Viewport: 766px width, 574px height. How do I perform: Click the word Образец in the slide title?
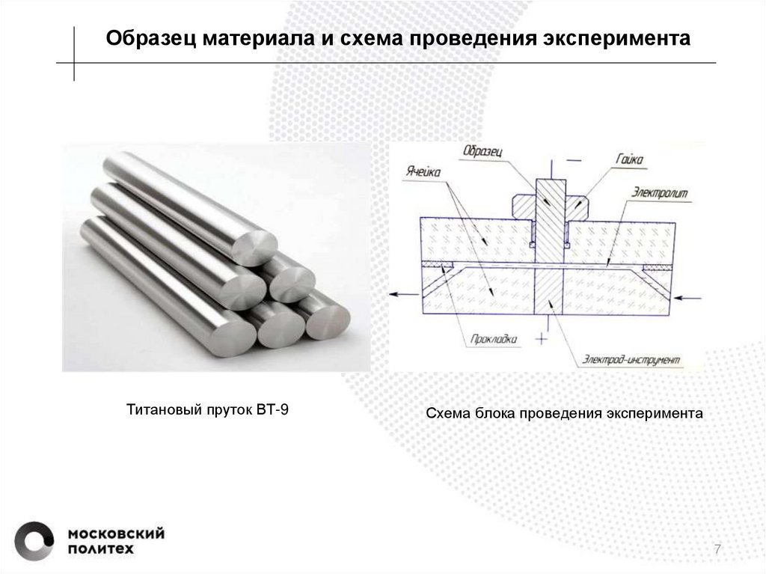tap(149, 38)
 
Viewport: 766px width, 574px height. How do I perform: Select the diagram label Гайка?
tap(631, 159)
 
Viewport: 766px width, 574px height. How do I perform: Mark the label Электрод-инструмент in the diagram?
tap(632, 360)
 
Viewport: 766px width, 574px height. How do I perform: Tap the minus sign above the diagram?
tap(574, 159)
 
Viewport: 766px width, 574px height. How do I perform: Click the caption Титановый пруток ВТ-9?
tap(206, 409)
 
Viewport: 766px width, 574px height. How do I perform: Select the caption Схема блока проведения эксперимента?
tap(565, 413)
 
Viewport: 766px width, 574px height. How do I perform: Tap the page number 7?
tap(717, 550)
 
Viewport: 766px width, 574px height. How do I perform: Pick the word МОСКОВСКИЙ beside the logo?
tap(116, 534)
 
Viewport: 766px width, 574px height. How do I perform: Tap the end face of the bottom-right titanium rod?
tap(327, 317)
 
